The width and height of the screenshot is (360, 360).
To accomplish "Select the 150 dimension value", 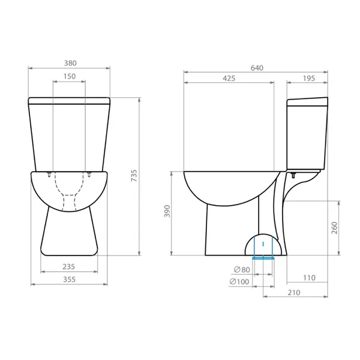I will tap(70, 76).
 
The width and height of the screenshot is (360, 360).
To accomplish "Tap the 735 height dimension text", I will tap(134, 175).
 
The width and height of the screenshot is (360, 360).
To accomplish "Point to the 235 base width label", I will tap(70, 267).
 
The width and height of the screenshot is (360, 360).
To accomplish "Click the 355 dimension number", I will tap(70, 279).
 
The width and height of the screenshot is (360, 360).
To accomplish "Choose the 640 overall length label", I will tap(257, 68).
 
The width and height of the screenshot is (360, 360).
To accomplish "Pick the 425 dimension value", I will tap(229, 78).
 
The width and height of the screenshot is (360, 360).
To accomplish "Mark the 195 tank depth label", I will tap(308, 78).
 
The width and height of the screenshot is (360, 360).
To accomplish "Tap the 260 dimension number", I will tap(335, 229).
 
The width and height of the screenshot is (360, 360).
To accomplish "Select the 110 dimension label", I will tap(308, 277).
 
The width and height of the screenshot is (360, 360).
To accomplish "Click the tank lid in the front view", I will tap(70, 100).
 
